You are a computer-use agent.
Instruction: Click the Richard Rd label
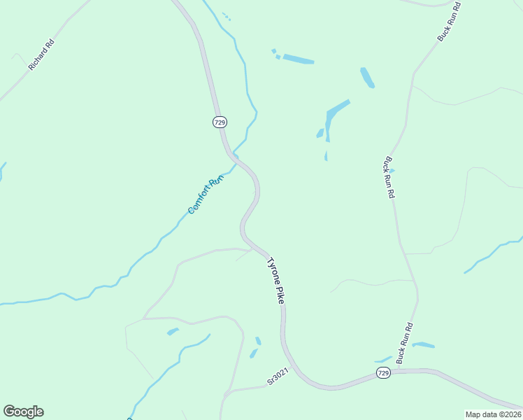point(41,55)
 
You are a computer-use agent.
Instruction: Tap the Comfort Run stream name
point(206,194)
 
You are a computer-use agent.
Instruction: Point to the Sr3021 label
point(278,379)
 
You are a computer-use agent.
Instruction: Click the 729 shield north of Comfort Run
point(220,122)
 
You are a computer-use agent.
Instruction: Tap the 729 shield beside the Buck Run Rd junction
point(382,374)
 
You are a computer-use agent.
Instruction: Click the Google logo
point(23,412)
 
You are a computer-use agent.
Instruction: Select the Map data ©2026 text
point(493,414)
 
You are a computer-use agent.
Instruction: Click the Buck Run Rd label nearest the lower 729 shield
point(405,343)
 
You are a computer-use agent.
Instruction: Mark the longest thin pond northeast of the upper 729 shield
point(298,59)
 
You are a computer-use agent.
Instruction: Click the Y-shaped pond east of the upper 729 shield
point(333,116)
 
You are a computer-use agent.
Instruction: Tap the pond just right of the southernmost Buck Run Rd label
point(424,344)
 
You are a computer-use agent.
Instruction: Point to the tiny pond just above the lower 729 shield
point(383,360)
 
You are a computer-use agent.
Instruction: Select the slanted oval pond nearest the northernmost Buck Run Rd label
point(367,77)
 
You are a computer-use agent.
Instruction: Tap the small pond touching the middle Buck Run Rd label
point(391,170)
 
